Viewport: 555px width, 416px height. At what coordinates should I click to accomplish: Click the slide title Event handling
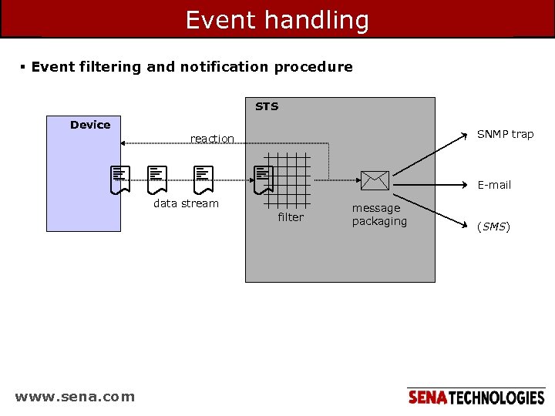click(277, 20)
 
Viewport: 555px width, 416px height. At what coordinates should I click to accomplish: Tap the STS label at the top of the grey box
click(267, 106)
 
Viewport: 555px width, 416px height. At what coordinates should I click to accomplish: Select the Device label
click(90, 125)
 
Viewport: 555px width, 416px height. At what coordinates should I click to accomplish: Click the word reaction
click(212, 139)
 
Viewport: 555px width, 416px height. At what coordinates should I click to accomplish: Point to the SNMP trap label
click(505, 134)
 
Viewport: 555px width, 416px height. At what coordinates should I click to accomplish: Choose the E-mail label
click(494, 185)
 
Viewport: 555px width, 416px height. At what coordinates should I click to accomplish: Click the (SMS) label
click(493, 226)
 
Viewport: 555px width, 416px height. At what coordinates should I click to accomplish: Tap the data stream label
click(186, 203)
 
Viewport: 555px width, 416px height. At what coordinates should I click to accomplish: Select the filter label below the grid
click(291, 217)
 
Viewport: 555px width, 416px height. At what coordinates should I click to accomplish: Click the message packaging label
click(378, 215)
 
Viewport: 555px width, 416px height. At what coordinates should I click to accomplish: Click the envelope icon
click(375, 180)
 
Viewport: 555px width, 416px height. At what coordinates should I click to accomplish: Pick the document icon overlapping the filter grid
click(264, 179)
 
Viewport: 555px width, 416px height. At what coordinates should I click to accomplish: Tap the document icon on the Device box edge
click(119, 179)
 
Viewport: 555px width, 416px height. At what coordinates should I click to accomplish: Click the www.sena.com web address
click(75, 397)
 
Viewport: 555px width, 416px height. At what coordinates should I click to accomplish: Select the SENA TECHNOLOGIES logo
click(476, 398)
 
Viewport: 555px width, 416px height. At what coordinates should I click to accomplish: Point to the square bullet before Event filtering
click(23, 66)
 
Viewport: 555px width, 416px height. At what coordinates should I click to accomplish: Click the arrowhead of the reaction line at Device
click(124, 143)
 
